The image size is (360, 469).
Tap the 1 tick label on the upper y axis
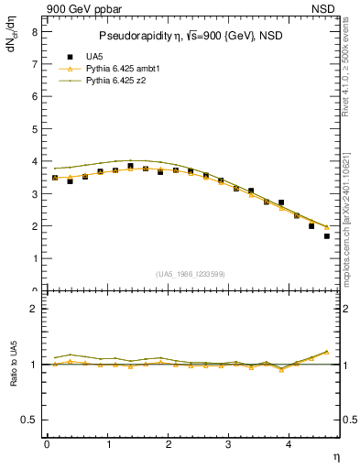click(x=35, y=258)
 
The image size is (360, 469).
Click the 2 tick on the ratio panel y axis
click(x=35, y=309)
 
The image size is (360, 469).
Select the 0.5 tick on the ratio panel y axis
click(x=31, y=420)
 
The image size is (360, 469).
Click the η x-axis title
click(x=335, y=455)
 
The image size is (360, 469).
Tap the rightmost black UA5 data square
click(x=327, y=235)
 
